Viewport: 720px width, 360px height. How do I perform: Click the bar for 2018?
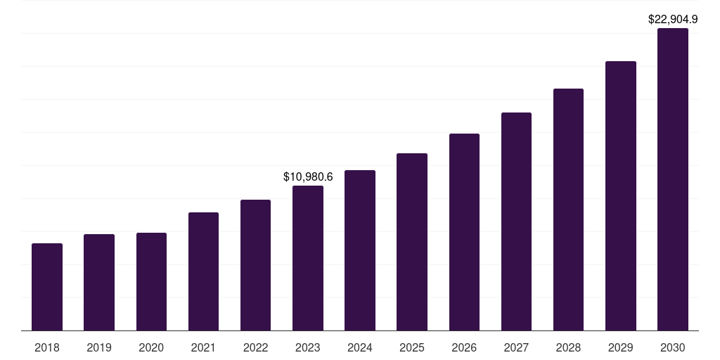pos(47,287)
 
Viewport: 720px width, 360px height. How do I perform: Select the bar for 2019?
pos(99,283)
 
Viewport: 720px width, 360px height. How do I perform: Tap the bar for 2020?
pos(151,282)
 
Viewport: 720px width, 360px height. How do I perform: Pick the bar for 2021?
pos(203,271)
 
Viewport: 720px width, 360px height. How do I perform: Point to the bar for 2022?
pos(255,265)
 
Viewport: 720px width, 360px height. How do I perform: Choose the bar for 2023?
pos(308,258)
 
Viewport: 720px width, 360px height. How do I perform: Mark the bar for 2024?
pos(360,250)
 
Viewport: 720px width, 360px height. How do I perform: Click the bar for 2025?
pos(412,242)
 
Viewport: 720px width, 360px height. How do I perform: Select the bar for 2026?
pos(464,232)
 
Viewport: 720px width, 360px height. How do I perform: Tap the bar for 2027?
pos(516,221)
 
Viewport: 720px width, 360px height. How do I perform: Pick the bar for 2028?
pos(568,210)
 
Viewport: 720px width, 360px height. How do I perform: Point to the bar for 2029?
pos(621,196)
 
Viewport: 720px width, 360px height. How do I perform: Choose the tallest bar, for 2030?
pos(673,179)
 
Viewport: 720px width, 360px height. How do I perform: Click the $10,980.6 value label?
pos(308,176)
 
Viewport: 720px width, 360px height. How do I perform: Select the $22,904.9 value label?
pos(673,20)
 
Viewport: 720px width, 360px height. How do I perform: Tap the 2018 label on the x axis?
pos(47,347)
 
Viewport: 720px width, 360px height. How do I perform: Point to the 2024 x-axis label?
pos(360,347)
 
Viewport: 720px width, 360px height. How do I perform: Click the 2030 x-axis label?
pos(673,347)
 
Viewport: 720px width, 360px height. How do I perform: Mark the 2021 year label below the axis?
pos(203,347)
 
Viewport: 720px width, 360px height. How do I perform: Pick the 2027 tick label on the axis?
pos(516,347)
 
